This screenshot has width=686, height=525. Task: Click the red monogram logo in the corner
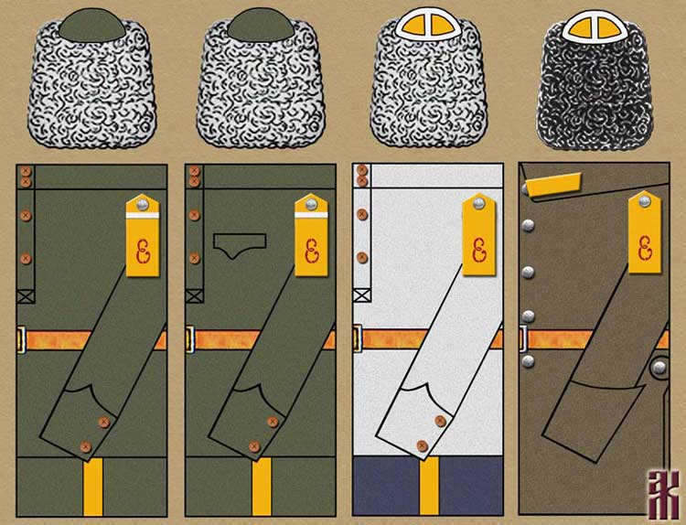(661, 495)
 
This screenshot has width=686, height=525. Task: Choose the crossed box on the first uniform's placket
(25, 295)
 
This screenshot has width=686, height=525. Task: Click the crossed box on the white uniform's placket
(362, 295)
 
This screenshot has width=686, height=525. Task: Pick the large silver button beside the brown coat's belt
(659, 367)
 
